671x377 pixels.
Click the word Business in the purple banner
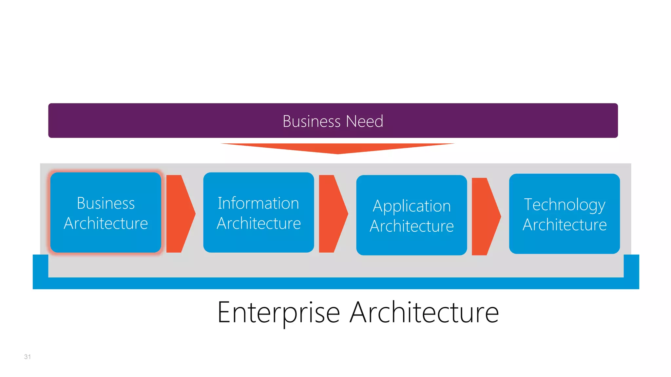311,121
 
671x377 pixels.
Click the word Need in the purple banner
364,121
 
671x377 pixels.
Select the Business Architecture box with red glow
105,242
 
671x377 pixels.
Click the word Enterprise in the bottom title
278,313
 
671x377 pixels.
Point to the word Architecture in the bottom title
424,313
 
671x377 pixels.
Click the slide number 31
28,357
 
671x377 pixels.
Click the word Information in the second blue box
258,203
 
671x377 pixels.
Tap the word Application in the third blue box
412,206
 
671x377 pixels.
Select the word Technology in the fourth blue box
564,205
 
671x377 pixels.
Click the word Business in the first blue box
105,203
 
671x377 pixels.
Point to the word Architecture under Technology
564,225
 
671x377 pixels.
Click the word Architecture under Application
412,226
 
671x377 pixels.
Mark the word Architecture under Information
259,224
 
